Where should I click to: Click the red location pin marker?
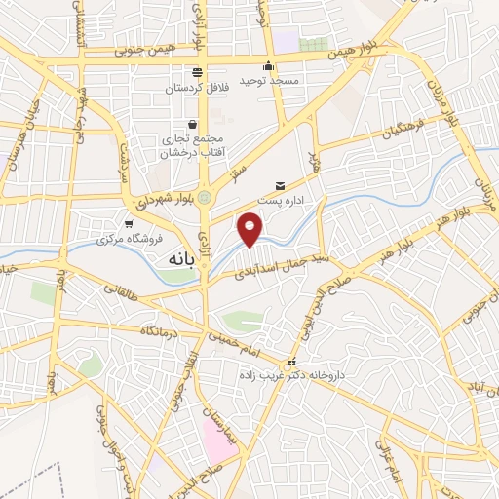pos(251,228)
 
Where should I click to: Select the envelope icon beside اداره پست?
pos(281,185)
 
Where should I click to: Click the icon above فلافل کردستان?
pos(198,71)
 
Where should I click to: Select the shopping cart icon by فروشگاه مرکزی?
pos(128,223)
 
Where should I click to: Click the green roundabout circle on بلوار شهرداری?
pos(205,199)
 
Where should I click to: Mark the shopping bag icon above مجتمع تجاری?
pos(191,124)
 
